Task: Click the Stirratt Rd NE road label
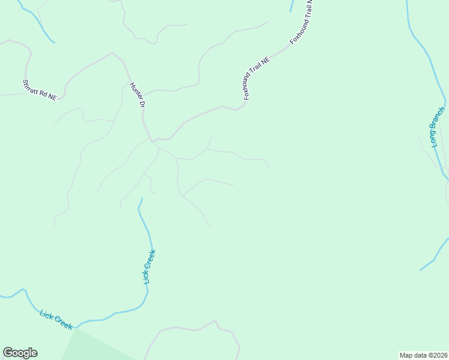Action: (x=39, y=90)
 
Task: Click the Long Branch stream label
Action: (x=438, y=127)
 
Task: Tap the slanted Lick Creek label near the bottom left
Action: (x=56, y=319)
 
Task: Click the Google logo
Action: (x=20, y=353)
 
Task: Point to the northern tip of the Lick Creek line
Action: (x=142, y=198)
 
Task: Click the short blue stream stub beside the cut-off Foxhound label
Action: (x=291, y=6)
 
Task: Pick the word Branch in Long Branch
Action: (x=439, y=120)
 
